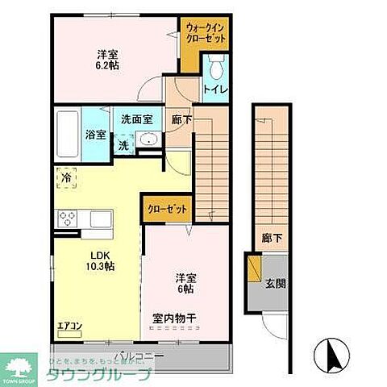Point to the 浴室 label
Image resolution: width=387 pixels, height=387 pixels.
coord(94,135)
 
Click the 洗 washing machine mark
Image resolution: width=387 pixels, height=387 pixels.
coord(123,146)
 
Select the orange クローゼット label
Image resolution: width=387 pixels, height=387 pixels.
coord(168,209)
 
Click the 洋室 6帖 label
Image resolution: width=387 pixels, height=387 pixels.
coord(185,285)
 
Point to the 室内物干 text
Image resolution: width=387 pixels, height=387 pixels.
coord(175,317)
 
